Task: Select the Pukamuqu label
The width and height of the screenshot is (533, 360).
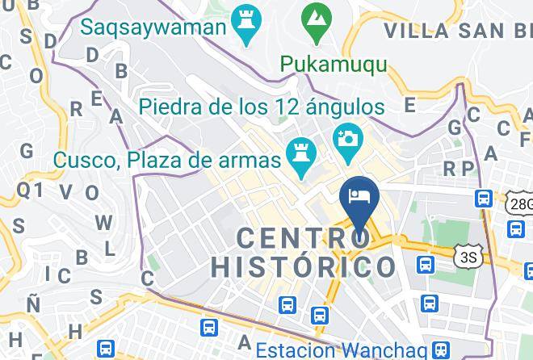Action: [334, 63]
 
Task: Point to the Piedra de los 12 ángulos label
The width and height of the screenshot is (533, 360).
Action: [261, 106]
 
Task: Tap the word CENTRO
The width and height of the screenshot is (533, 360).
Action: [304, 238]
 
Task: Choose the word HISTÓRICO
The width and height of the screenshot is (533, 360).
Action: [304, 267]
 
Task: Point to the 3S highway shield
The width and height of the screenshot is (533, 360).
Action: [467, 257]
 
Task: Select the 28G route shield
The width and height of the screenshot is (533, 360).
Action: [520, 203]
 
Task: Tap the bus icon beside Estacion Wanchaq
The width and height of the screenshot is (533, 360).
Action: [440, 350]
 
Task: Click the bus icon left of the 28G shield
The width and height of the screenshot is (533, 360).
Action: [485, 197]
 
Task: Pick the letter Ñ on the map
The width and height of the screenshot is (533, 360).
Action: [33, 304]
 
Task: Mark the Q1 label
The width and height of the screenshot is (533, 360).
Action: [30, 190]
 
